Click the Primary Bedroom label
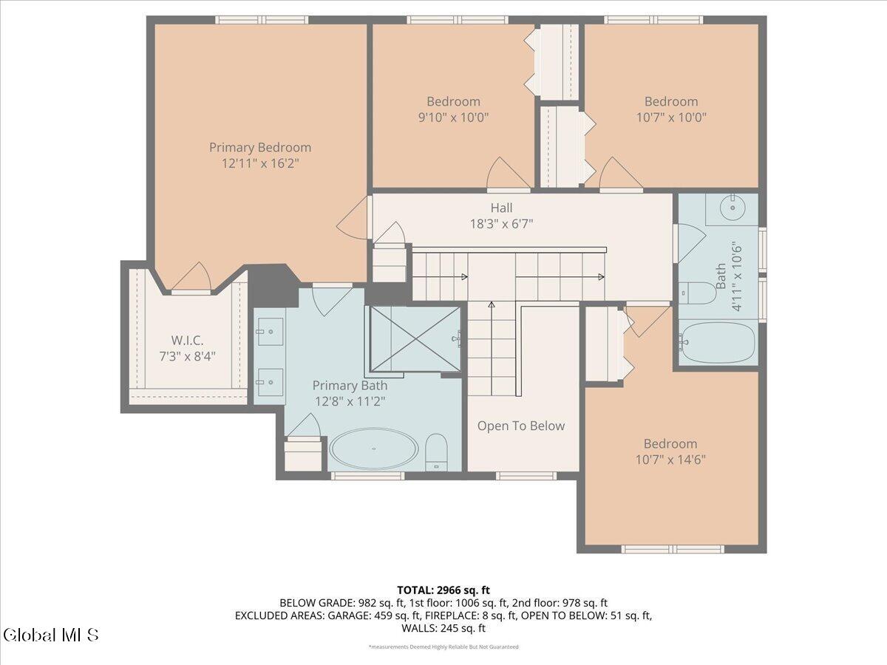click(x=260, y=147)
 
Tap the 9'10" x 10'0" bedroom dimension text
click(x=453, y=117)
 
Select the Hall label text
click(x=501, y=208)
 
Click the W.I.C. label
click(x=187, y=341)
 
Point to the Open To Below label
click(x=521, y=426)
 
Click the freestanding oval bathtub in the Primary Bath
click(x=374, y=449)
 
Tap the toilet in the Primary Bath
click(x=436, y=452)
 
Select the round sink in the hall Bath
click(x=733, y=208)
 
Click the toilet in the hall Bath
click(x=697, y=293)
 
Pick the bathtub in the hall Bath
click(x=717, y=341)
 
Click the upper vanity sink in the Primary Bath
click(x=270, y=332)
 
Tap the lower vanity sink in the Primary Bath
click(x=270, y=382)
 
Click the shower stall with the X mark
click(x=415, y=339)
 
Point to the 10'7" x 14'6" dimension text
click(x=670, y=460)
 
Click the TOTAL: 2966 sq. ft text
click(x=443, y=590)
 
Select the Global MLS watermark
click(x=51, y=635)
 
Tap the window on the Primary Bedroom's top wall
click(x=262, y=20)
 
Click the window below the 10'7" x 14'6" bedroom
click(x=673, y=549)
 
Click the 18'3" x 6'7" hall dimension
click(x=501, y=224)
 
